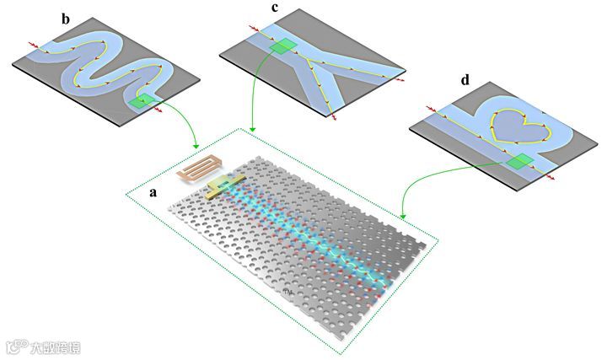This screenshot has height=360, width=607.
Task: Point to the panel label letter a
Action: tap(153, 191)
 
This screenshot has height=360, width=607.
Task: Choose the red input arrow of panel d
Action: tap(431, 108)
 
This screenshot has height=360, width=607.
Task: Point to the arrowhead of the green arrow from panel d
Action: tap(404, 214)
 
